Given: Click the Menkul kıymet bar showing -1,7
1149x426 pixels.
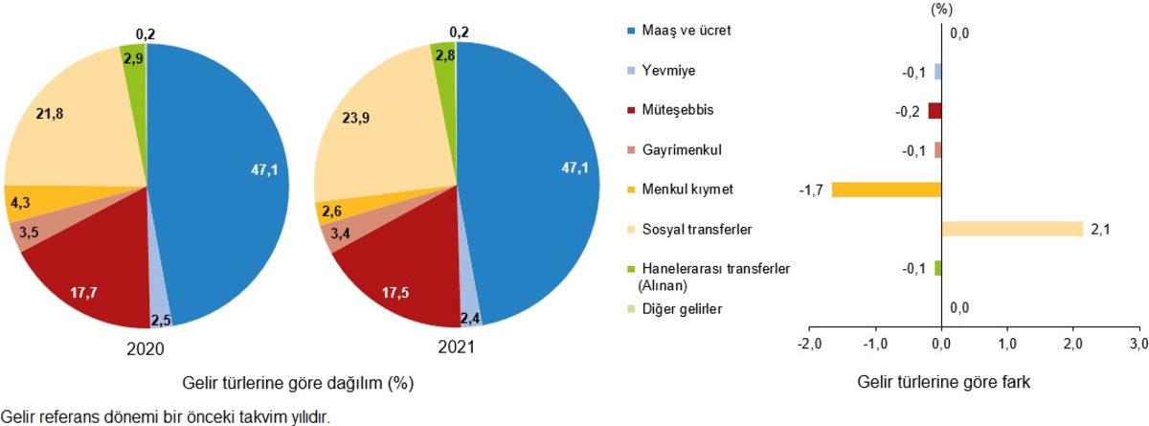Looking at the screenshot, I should pyautogui.click(x=887, y=190).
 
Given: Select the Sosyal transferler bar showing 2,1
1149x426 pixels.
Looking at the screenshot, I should pyautogui.click(x=1012, y=229).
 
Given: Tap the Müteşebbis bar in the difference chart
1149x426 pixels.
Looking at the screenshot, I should pyautogui.click(x=935, y=110).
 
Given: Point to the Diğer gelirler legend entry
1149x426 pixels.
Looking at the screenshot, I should pyautogui.click(x=681, y=308).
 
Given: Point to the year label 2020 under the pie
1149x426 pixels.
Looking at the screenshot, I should pyautogui.click(x=146, y=349).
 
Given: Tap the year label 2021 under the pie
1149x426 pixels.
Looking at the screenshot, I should pyautogui.click(x=456, y=349).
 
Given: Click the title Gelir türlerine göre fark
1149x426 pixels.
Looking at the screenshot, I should pyautogui.click(x=942, y=384).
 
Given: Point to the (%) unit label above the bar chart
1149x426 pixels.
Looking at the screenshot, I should pyautogui.click(x=942, y=10).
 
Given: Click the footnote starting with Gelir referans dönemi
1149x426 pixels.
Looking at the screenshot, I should pyautogui.click(x=167, y=416).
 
